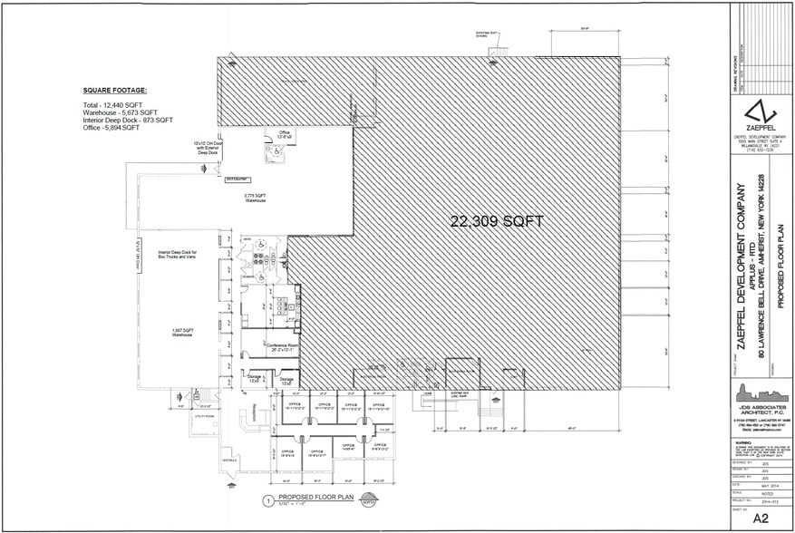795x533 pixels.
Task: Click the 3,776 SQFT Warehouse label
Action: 255,198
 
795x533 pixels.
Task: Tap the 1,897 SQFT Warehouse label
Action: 185,332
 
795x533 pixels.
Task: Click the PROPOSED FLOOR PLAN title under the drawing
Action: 316,499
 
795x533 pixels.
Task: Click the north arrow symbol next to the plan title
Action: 369,499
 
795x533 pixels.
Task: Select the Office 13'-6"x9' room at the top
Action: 284,135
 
